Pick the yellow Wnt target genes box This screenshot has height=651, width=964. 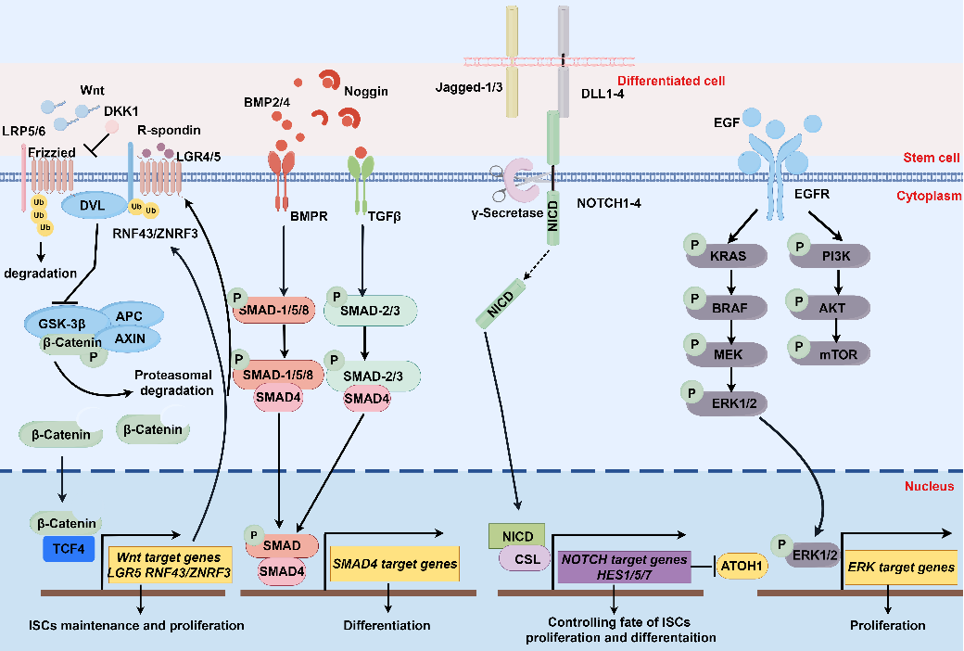click(x=170, y=564)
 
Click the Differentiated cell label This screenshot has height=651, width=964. click(x=670, y=82)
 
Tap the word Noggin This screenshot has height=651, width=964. click(x=366, y=92)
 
